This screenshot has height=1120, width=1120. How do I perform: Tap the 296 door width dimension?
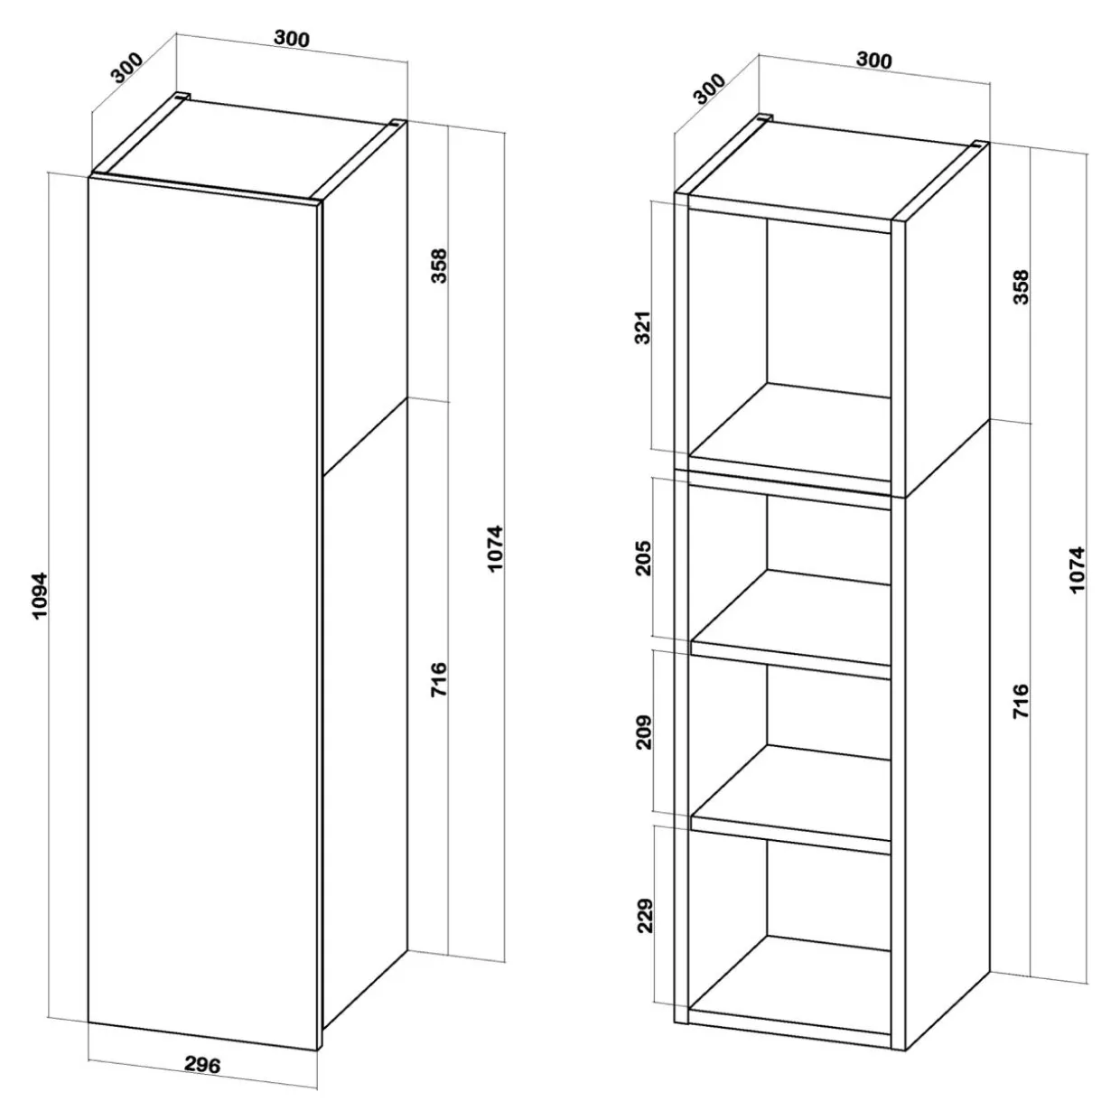tap(203, 1064)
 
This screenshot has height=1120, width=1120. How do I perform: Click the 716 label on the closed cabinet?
tap(439, 679)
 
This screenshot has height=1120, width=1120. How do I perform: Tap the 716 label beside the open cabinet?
tap(1021, 701)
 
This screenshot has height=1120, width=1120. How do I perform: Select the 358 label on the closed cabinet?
tap(439, 266)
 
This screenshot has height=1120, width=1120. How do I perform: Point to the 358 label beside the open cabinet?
tap(1021, 286)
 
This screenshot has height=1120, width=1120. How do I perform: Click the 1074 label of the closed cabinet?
tap(495, 548)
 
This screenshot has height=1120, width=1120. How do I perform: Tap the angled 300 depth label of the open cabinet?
tap(710, 89)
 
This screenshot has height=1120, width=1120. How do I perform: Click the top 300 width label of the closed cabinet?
tap(292, 38)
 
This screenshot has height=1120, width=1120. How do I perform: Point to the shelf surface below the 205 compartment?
tap(791, 617)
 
